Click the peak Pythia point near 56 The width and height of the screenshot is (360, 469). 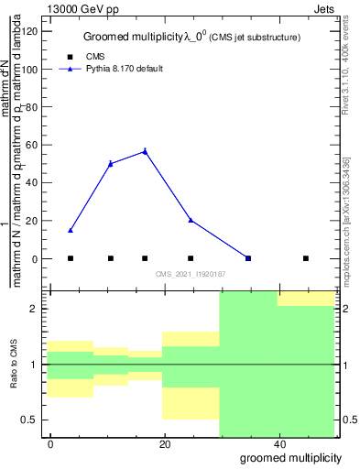(x=145, y=151)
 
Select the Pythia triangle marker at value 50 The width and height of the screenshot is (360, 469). (x=111, y=163)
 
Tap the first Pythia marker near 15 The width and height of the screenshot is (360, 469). (x=71, y=230)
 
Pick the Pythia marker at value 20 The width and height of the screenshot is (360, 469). (x=191, y=220)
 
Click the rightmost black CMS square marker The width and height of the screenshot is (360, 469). (x=306, y=258)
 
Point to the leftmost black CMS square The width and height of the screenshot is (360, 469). (x=71, y=258)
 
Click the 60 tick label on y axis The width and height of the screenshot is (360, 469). (x=34, y=145)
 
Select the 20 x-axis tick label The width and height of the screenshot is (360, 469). (x=165, y=443)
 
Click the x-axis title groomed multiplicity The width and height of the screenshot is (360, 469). (x=291, y=457)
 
